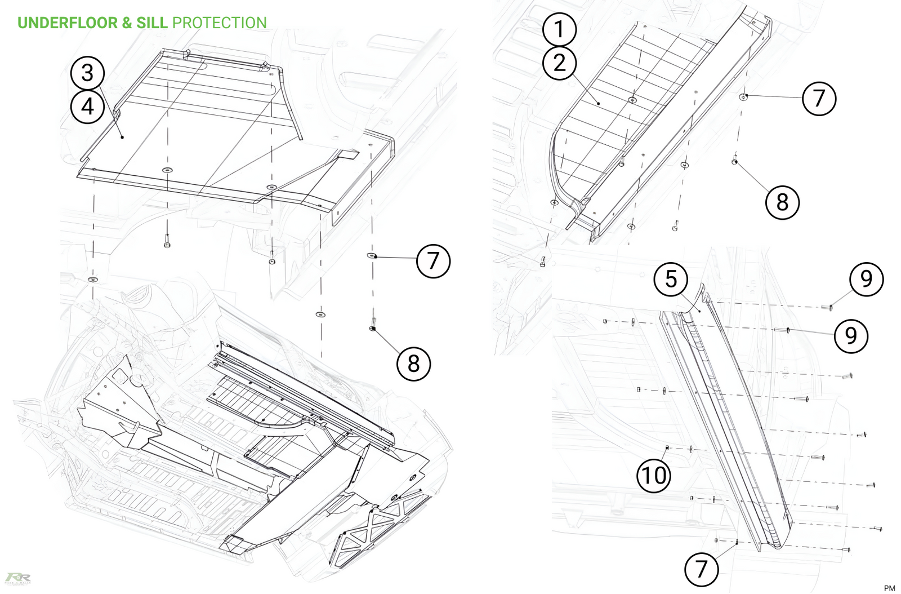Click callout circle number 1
pyautogui.click(x=559, y=29)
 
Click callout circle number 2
pyautogui.click(x=559, y=63)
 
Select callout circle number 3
pyautogui.click(x=87, y=73)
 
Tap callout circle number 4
pyautogui.click(x=87, y=106)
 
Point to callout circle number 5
pyautogui.click(x=671, y=279)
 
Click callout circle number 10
pyautogui.click(x=654, y=475)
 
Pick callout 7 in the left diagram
pyautogui.click(x=433, y=261)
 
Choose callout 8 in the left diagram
pyautogui.click(x=414, y=364)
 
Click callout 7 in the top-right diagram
pyautogui.click(x=819, y=99)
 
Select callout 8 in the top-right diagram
pyautogui.click(x=782, y=202)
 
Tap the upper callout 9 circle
pyautogui.click(x=866, y=279)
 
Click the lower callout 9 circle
pyautogui.click(x=851, y=336)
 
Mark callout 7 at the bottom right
pyautogui.click(x=701, y=569)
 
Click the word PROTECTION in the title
pyautogui.click(x=219, y=23)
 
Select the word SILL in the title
pyautogui.click(x=152, y=23)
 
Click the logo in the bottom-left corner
pyautogui.click(x=17, y=578)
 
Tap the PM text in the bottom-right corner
pyautogui.click(x=889, y=588)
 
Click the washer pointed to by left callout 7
pyautogui.click(x=372, y=256)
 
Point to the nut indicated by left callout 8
pyautogui.click(x=372, y=327)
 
